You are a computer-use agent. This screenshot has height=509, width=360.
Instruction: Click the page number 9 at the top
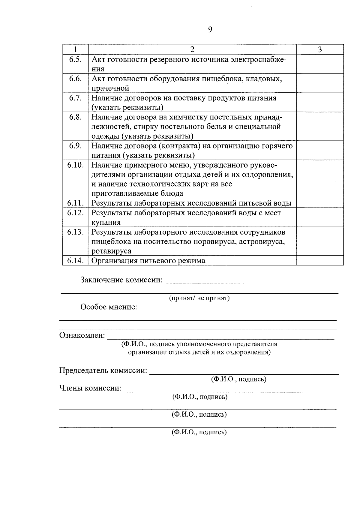(210, 29)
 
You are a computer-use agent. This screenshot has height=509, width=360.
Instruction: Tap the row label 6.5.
(75, 59)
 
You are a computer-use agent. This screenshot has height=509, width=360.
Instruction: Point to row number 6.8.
(75, 117)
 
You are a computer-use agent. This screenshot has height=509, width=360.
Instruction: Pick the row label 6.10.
(75, 165)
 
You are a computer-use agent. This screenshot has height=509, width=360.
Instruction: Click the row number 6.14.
(75, 261)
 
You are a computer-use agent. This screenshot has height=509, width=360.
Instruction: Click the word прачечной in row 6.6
(110, 88)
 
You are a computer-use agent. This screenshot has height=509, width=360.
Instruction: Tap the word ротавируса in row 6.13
(111, 251)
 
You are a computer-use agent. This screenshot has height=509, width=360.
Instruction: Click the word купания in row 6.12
(106, 223)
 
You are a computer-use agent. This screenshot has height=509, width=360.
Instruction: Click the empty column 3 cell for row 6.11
(320, 203)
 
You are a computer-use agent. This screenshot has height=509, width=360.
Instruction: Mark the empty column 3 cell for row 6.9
(320, 150)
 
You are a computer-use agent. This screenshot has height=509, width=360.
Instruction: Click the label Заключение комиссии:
(121, 280)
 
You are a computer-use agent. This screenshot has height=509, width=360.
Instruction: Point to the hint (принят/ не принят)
(199, 298)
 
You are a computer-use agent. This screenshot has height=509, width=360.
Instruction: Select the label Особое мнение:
(109, 307)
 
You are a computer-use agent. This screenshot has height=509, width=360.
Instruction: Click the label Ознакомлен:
(82, 335)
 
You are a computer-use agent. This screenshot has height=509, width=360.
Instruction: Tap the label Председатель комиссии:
(103, 371)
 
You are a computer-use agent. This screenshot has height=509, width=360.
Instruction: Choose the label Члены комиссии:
(90, 388)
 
